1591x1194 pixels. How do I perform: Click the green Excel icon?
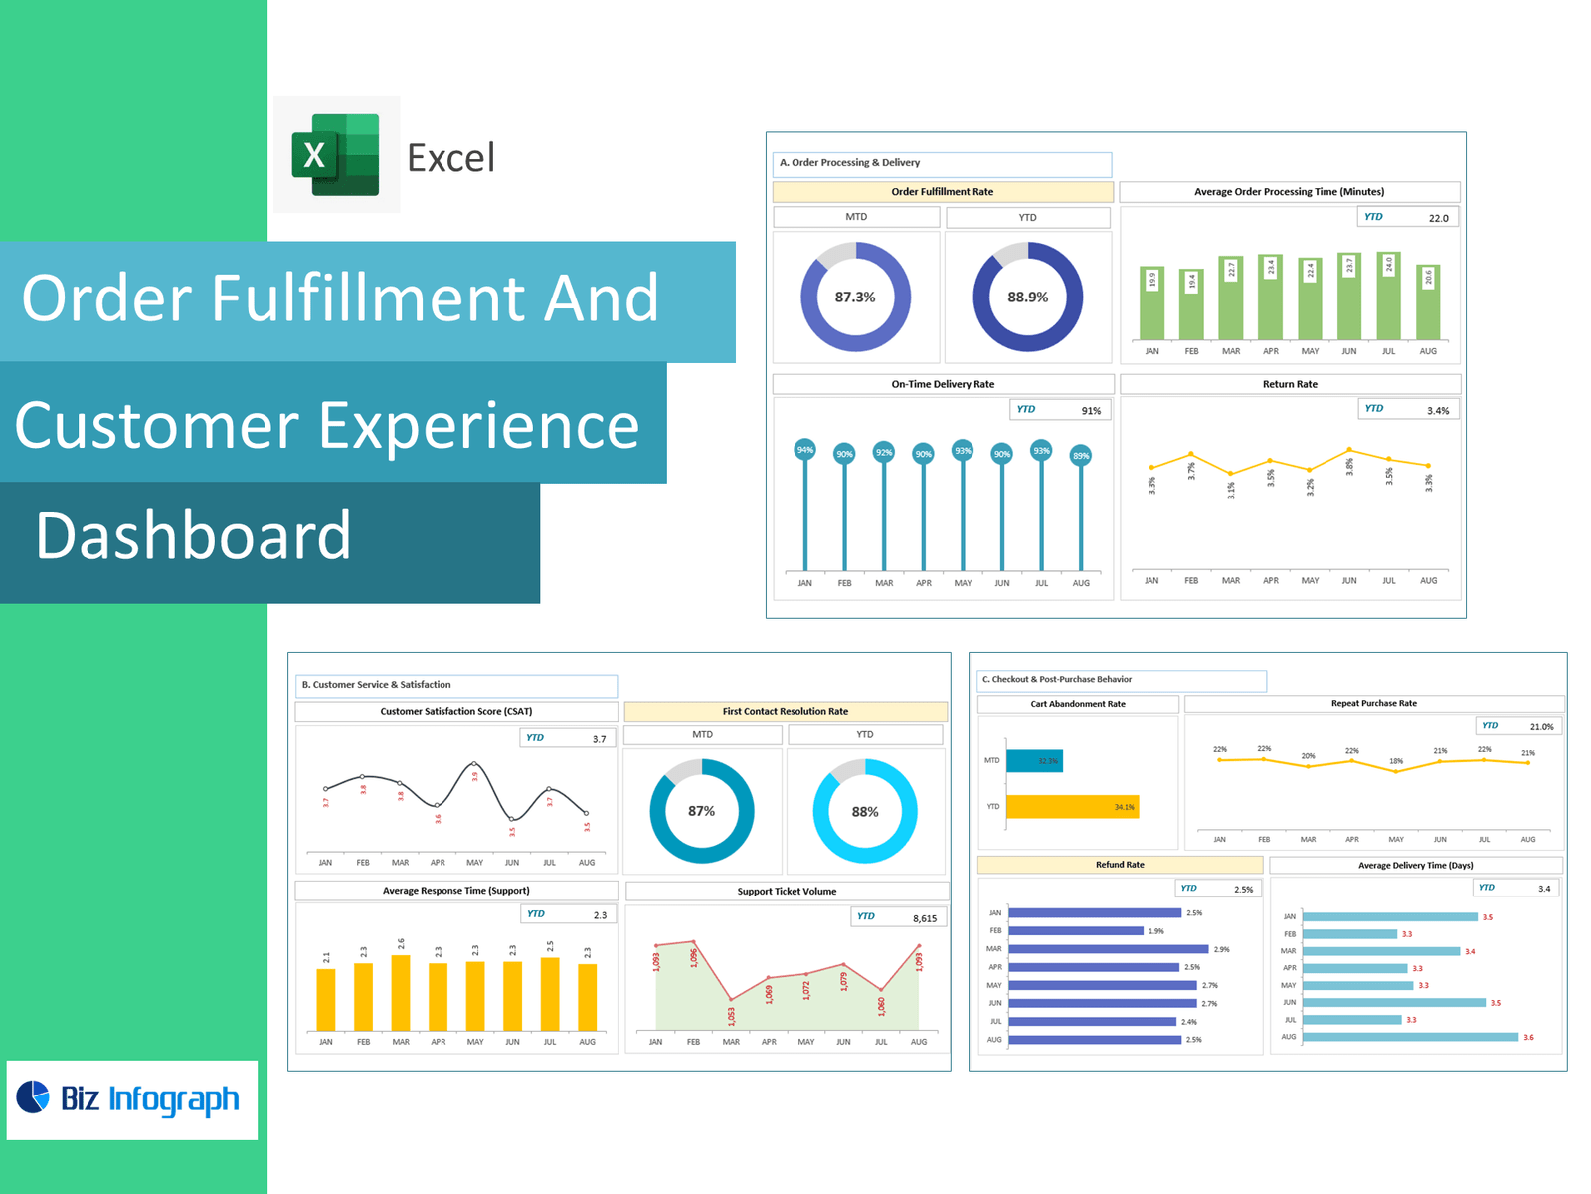click(336, 154)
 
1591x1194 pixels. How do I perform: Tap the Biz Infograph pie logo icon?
click(33, 1096)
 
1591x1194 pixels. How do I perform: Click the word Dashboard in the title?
click(194, 535)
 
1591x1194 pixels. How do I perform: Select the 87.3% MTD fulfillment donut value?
click(855, 298)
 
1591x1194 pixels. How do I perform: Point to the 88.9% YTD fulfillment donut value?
click(1027, 298)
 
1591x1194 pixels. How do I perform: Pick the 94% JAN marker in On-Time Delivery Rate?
click(805, 450)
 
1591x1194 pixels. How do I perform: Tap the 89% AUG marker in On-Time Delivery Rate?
click(1081, 456)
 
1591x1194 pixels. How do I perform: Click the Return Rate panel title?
click(1290, 384)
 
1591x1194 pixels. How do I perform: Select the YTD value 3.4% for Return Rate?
click(1437, 410)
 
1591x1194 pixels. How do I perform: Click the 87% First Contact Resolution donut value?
click(702, 811)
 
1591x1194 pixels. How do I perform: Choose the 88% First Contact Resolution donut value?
click(865, 812)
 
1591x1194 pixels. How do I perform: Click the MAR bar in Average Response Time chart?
click(401, 992)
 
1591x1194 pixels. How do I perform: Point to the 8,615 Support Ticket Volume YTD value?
click(924, 918)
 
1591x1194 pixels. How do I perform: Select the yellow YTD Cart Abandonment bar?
click(1072, 806)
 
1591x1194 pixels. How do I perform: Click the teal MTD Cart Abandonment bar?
click(1034, 761)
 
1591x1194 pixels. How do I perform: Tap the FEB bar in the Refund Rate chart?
click(1076, 931)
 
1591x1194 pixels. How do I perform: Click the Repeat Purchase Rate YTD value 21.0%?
click(1541, 726)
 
